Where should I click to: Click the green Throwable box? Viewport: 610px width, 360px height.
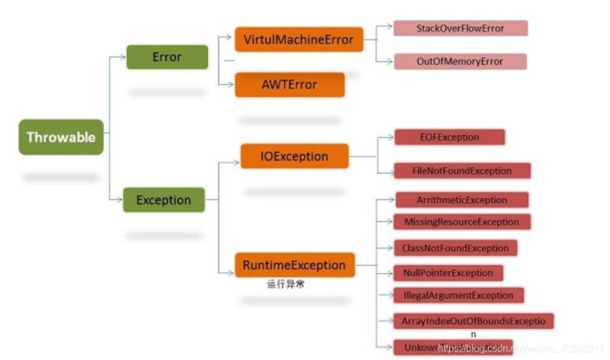61,137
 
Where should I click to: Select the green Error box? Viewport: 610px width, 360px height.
167,57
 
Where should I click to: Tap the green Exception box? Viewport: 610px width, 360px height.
163,201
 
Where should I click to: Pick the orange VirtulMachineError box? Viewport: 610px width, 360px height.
298,40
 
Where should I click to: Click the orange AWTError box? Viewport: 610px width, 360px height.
291,85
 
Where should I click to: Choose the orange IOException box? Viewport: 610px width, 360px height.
295,156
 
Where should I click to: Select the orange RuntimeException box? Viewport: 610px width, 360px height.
294,265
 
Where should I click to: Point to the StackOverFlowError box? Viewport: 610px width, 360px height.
460,28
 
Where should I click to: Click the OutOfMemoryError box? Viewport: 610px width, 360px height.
460,62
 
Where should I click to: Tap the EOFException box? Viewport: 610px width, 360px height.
449,137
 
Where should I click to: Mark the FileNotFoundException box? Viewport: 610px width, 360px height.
463,171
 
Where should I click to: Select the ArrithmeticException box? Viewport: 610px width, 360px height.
462,200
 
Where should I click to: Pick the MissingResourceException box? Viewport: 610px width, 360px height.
462,222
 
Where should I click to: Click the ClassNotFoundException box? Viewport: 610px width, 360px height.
456,248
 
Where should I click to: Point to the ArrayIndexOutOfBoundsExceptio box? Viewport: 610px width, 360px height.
474,321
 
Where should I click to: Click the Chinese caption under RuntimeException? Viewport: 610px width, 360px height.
286,284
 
